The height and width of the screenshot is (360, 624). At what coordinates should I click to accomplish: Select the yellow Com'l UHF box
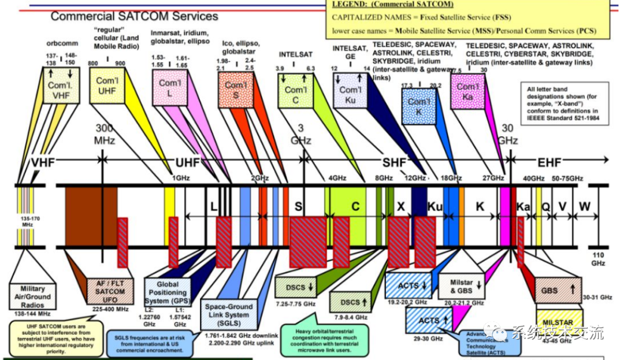tap(106, 86)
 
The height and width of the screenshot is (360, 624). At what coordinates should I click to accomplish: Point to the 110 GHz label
tap(597, 258)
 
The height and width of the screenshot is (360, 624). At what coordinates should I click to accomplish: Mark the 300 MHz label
tap(105, 134)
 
